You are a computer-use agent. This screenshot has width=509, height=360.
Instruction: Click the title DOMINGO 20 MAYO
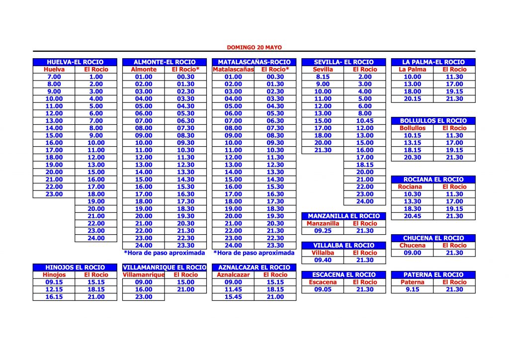[254, 48]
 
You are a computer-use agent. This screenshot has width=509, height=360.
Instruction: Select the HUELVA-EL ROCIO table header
[75, 62]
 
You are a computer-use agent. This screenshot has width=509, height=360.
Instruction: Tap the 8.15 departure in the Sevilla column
[323, 77]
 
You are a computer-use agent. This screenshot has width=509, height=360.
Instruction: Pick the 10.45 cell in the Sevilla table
[365, 121]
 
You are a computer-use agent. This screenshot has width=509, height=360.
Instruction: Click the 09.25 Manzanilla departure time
[323, 231]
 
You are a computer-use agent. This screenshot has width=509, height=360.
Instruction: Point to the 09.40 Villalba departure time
[323, 260]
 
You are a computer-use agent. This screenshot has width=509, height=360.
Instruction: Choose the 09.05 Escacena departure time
[323, 289]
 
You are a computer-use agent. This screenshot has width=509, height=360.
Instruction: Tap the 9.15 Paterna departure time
[412, 289]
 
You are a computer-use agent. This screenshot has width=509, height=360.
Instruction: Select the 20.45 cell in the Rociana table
[412, 216]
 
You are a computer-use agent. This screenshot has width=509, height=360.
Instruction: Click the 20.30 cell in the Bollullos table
[412, 158]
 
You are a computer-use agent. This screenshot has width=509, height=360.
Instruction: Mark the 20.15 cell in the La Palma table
[412, 99]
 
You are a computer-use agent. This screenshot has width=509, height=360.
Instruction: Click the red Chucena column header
[412, 245]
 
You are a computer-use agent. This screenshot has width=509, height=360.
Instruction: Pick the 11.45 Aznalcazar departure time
[233, 289]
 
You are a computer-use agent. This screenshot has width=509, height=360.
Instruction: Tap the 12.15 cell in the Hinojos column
[54, 289]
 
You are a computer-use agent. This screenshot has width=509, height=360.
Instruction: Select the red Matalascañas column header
[233, 70]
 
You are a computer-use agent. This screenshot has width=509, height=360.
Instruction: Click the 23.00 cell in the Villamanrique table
[143, 297]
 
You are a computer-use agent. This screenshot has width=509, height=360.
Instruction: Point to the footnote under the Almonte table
[164, 253]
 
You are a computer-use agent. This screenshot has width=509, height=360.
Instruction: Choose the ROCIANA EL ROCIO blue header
[433, 180]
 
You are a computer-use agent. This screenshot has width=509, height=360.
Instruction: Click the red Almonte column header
[143, 70]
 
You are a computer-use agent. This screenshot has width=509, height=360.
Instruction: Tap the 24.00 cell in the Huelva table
[96, 238]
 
